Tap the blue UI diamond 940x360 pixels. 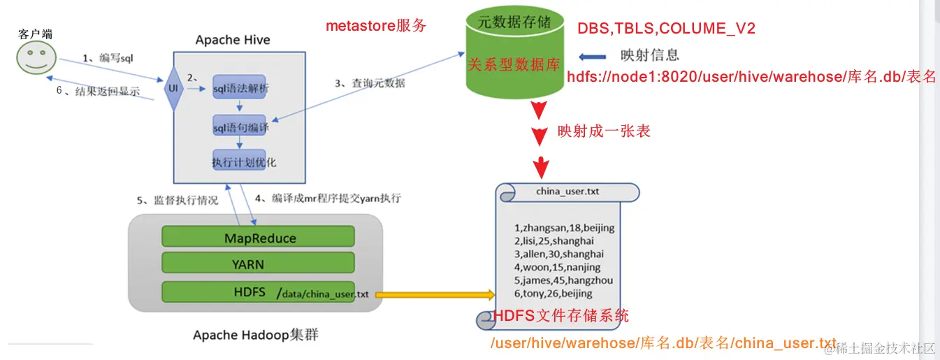[x=173, y=89]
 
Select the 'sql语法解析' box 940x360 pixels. [x=239, y=89]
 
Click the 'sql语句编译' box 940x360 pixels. [x=240, y=127]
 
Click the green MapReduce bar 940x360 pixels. [x=259, y=238]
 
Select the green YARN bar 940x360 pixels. [x=259, y=264]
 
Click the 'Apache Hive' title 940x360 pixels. [x=232, y=40]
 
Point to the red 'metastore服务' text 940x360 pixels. [x=376, y=27]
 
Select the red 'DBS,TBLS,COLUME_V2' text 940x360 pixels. [x=665, y=28]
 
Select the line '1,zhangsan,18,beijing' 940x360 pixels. [x=563, y=228]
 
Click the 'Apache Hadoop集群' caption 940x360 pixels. [x=256, y=336]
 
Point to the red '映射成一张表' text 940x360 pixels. [x=603, y=131]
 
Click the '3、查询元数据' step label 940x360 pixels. [x=369, y=83]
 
